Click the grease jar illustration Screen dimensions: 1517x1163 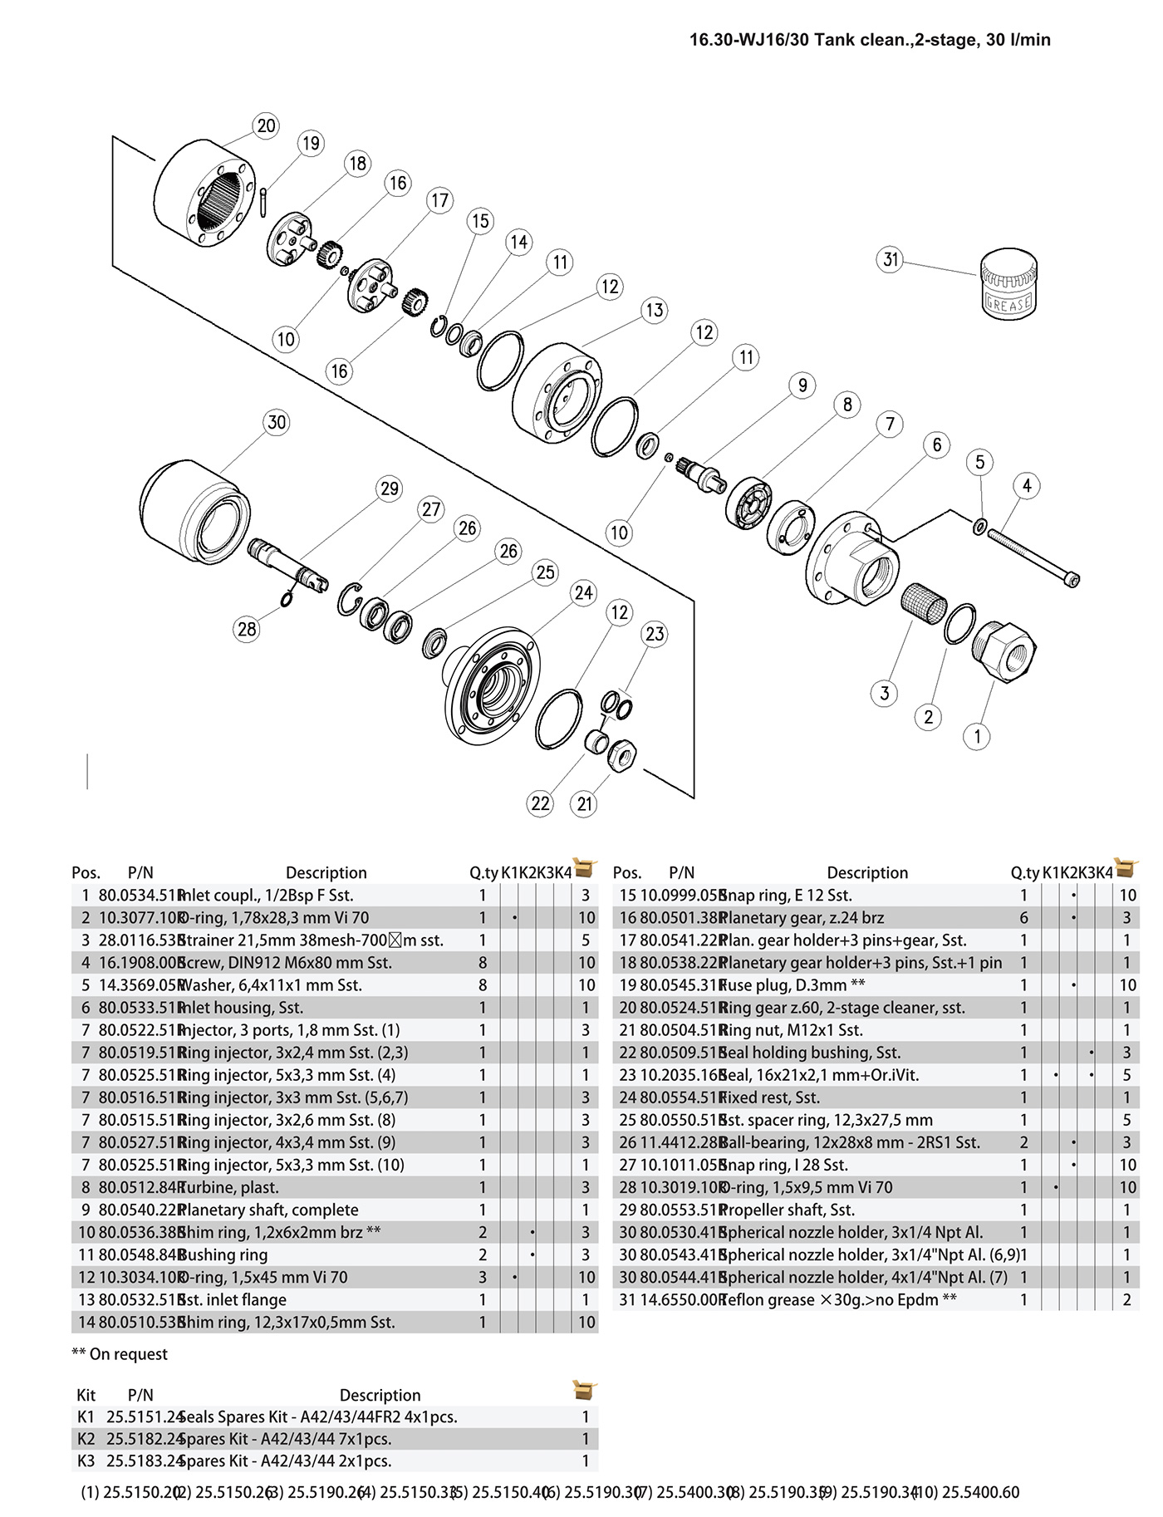(1008, 284)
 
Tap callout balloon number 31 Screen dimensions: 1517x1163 (891, 260)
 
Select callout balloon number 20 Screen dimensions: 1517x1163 (266, 126)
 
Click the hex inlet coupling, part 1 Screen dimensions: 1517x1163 (1004, 651)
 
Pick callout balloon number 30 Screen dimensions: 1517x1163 (277, 422)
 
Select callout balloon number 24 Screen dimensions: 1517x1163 (584, 593)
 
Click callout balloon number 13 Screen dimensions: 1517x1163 (655, 310)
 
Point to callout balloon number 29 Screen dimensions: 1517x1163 (390, 488)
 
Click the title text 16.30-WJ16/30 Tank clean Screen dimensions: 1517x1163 (870, 40)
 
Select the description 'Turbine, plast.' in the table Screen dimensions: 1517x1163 (229, 1188)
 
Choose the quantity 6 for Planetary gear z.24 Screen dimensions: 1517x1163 (1023, 918)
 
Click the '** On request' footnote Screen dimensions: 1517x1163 (120, 1354)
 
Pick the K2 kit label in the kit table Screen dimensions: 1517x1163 (86, 1439)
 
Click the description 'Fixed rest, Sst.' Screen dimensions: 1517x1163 (770, 1097)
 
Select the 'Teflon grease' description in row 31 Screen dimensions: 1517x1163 (839, 1300)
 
